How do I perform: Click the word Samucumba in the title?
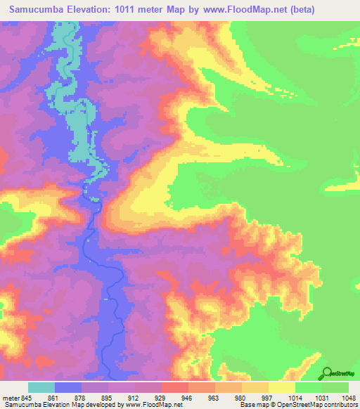tap(40, 11)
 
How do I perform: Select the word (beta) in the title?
tap(297, 11)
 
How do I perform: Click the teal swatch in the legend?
tap(41, 387)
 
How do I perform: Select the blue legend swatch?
tap(68, 387)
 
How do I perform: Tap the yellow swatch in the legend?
tap(282, 387)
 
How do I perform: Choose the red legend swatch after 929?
tap(175, 387)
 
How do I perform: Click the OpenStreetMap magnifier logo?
tap(326, 373)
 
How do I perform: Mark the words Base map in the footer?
tap(251, 405)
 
